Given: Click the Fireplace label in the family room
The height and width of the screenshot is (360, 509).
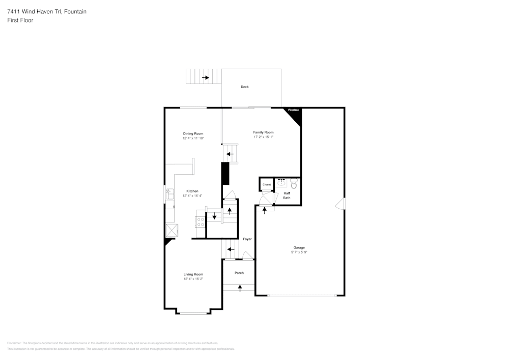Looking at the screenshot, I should pos(293,110).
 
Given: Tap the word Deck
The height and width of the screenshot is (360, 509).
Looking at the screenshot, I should pos(245,87).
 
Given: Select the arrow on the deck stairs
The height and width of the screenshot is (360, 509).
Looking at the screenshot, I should pos(205,77).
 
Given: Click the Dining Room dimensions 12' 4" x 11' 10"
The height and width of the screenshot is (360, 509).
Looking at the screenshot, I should pos(193,138).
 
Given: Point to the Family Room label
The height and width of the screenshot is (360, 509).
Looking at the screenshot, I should pos(263,132).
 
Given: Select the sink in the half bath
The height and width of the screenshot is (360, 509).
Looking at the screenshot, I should pos(281,182).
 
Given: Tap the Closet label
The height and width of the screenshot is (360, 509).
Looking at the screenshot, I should pos(267,184).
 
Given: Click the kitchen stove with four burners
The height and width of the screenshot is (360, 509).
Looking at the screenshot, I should pos(201,221).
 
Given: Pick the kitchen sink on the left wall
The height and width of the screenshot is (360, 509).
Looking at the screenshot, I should pos(169,194).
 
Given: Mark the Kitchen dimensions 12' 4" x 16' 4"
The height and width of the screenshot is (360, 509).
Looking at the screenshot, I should pos(192,196).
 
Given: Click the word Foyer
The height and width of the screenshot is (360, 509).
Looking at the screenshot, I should pos(247,239).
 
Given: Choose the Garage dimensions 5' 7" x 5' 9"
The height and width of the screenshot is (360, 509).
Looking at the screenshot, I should pos(299,252).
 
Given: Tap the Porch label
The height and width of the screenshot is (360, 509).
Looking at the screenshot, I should pos(239,273).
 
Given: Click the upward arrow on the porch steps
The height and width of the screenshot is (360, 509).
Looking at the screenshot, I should pos(240,288).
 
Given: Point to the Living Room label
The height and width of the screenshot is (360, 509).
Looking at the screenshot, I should pos(193,274).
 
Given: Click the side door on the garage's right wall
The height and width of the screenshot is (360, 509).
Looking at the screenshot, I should pos(340,204).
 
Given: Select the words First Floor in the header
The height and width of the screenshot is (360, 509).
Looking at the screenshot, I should pos(20,20).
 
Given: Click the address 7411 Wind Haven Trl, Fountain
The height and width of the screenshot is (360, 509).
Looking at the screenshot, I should pos(47,11).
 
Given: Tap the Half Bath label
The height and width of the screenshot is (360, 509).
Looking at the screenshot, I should pos(287,196).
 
